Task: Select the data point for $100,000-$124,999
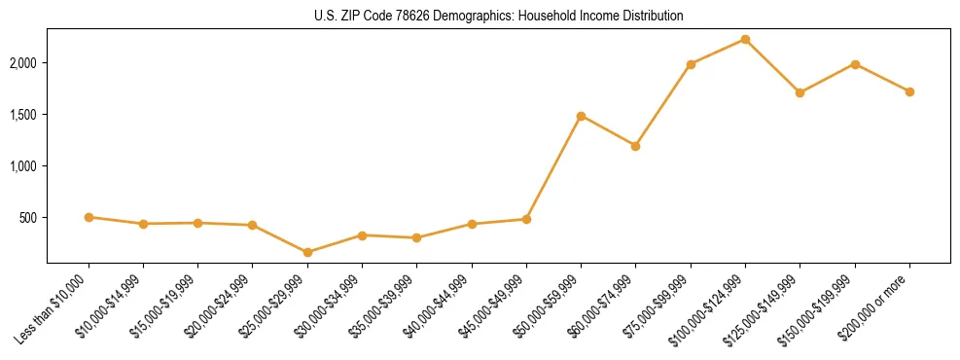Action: tap(745, 39)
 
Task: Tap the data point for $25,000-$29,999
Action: tap(307, 252)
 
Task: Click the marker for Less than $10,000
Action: tap(89, 217)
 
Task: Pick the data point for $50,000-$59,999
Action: tap(581, 116)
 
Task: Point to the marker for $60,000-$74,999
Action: tap(635, 146)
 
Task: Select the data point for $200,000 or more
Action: tap(909, 91)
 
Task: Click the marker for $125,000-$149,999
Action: tap(800, 92)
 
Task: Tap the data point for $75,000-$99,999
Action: tap(691, 64)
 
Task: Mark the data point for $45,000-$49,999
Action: tap(526, 219)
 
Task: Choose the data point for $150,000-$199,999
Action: tap(855, 64)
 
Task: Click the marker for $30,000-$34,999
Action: tap(362, 235)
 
